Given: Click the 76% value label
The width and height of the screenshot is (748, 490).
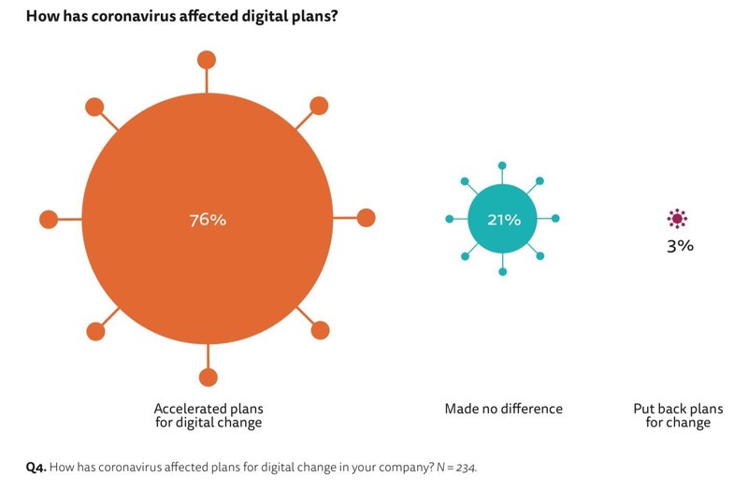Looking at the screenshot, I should pyautogui.click(x=208, y=221).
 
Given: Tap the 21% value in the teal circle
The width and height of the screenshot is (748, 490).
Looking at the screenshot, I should pyautogui.click(x=503, y=220).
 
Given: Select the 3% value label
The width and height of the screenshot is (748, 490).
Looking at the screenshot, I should pyautogui.click(x=680, y=247).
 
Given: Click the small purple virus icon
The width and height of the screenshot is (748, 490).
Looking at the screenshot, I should pyautogui.click(x=678, y=219).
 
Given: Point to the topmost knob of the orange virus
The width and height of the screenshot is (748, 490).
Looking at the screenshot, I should pyautogui.click(x=208, y=60).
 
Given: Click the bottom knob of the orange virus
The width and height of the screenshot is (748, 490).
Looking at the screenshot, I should pyautogui.click(x=208, y=378).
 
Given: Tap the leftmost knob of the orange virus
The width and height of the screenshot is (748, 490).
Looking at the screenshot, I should pyautogui.click(x=49, y=219).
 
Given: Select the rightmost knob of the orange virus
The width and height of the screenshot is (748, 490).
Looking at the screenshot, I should pyautogui.click(x=366, y=218).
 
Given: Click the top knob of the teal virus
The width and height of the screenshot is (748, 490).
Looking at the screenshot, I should pyautogui.click(x=503, y=166).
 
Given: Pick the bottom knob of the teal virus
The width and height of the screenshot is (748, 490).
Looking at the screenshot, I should pyautogui.click(x=503, y=271).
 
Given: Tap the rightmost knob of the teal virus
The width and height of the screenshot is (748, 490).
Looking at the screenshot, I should pyautogui.click(x=555, y=219).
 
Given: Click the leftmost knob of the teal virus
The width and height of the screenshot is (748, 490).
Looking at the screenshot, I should pyautogui.click(x=450, y=219).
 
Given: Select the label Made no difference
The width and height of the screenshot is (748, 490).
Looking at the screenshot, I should pyautogui.click(x=503, y=409).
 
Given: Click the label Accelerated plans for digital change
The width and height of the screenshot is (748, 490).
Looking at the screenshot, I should pyautogui.click(x=208, y=415).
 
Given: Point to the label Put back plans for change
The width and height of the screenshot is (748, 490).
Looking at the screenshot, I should pyautogui.click(x=678, y=415).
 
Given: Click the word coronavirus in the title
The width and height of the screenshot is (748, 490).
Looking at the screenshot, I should pyautogui.click(x=133, y=16).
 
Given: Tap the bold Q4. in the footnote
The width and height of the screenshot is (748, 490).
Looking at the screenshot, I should pyautogui.click(x=35, y=466).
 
